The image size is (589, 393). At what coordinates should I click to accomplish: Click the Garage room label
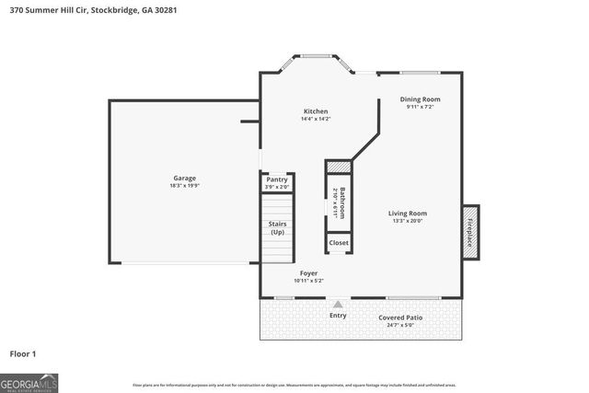click(x=185, y=178)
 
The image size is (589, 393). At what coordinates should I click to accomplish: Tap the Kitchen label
click(x=316, y=111)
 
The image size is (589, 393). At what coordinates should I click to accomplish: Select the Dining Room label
click(x=420, y=98)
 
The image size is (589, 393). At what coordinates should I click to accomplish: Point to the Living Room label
click(x=410, y=213)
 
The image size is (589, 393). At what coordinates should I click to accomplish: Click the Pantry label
click(x=277, y=179)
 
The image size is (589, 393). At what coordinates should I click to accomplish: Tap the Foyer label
click(x=308, y=273)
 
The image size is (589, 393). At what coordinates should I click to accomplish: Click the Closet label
click(x=339, y=242)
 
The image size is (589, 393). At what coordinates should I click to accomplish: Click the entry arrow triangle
click(x=338, y=305)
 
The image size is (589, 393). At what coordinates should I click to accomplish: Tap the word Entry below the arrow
click(x=338, y=316)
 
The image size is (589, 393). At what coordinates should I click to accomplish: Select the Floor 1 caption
click(x=23, y=353)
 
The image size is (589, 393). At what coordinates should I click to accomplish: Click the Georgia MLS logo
click(x=29, y=382)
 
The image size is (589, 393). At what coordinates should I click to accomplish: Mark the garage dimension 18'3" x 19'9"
click(x=185, y=186)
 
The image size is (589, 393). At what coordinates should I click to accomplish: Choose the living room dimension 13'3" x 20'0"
click(x=410, y=221)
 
